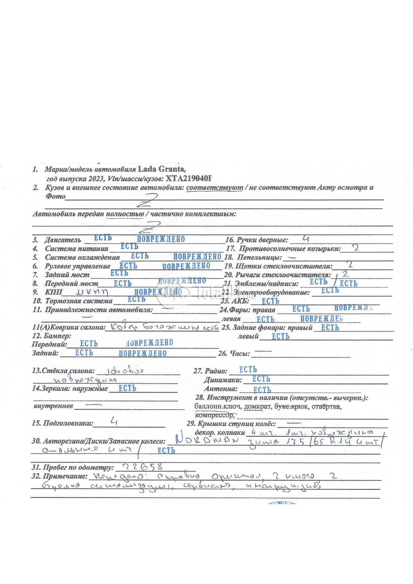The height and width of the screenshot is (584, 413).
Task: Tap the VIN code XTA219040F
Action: (x=188, y=179)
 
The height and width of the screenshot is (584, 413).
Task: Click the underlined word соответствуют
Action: (x=214, y=188)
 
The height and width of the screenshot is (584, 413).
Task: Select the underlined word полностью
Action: (x=125, y=214)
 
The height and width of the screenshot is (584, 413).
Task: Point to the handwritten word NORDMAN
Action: (x=207, y=441)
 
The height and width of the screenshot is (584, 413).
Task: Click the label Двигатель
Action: (x=63, y=240)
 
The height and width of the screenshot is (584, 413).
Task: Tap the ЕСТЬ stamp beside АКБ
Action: (x=270, y=301)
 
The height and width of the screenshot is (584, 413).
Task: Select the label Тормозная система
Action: (x=79, y=301)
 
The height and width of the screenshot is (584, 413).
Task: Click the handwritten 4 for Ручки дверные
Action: (x=306, y=238)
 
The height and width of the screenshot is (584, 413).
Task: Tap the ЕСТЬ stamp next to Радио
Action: (x=248, y=370)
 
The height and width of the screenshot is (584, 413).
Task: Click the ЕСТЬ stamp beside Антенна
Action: (x=262, y=390)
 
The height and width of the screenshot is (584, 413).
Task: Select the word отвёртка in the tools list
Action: (x=326, y=407)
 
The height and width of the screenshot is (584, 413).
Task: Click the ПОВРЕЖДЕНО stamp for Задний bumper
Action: (x=143, y=353)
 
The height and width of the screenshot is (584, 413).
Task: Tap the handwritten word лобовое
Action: (x=125, y=371)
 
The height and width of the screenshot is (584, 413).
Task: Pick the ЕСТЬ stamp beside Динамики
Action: (x=261, y=379)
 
